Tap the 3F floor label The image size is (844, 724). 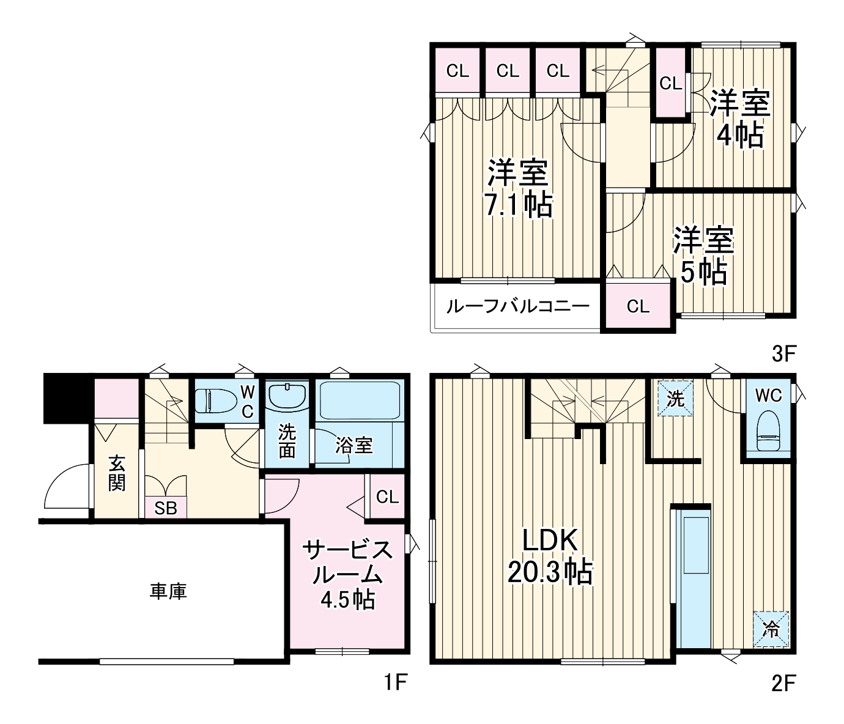[784, 354]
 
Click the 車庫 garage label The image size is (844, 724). [168, 591]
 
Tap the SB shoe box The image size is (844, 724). [166, 508]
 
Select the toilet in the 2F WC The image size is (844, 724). [768, 430]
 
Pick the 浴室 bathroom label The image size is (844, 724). [354, 445]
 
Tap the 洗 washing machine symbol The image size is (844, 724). [675, 399]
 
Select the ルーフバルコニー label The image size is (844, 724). [518, 306]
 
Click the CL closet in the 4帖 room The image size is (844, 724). [671, 83]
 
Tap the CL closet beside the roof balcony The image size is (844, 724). [639, 306]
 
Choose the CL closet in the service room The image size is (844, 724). [387, 497]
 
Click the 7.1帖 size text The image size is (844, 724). [518, 204]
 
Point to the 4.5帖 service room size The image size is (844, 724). [348, 600]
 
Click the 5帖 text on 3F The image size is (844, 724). [703, 271]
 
